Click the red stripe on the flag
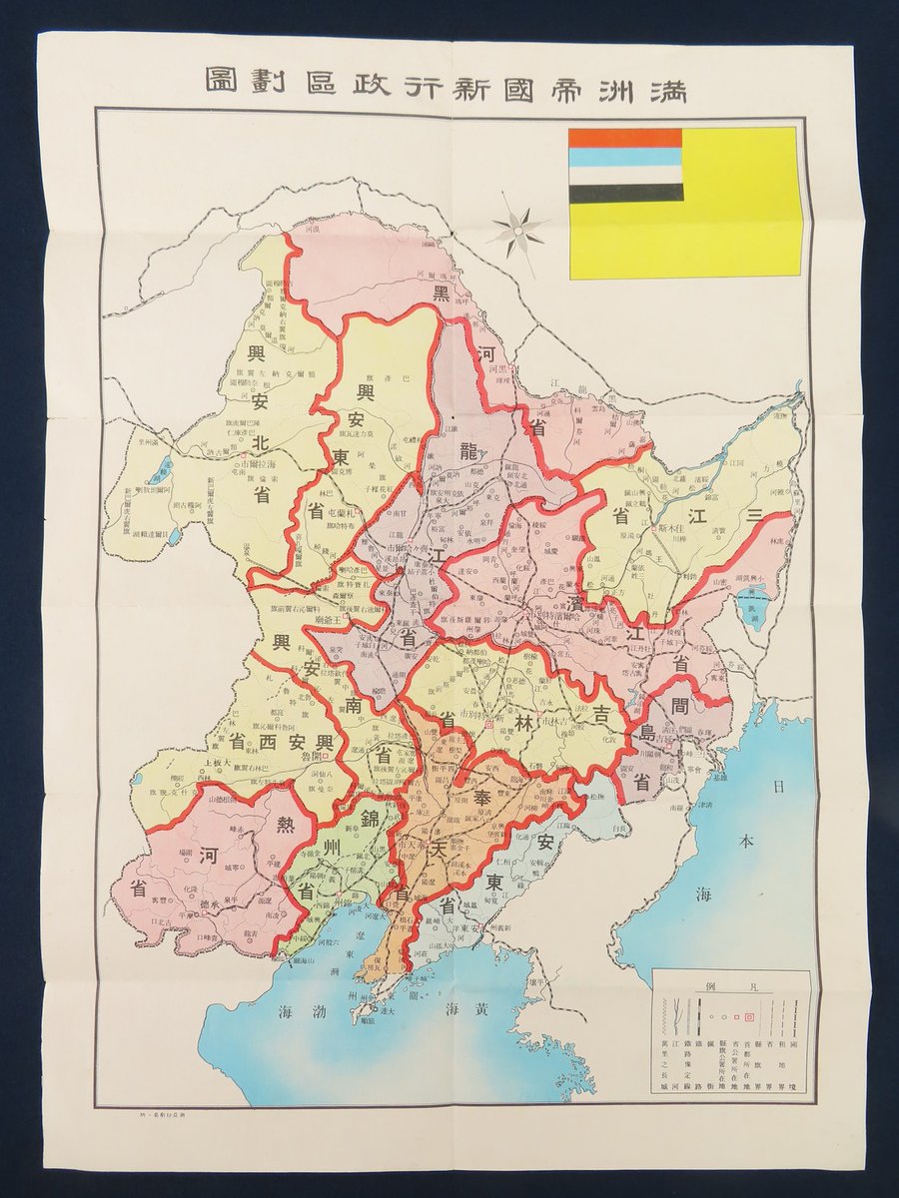[625, 138]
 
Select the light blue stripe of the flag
[625, 156]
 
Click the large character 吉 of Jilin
[602, 715]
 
